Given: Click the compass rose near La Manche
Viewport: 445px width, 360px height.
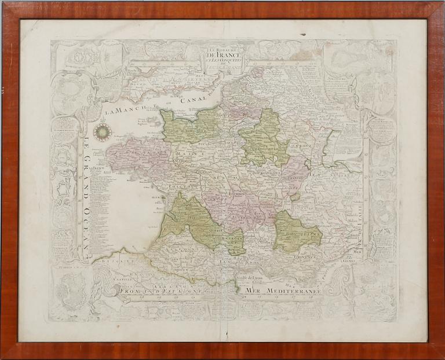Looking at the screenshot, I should [103, 131].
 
